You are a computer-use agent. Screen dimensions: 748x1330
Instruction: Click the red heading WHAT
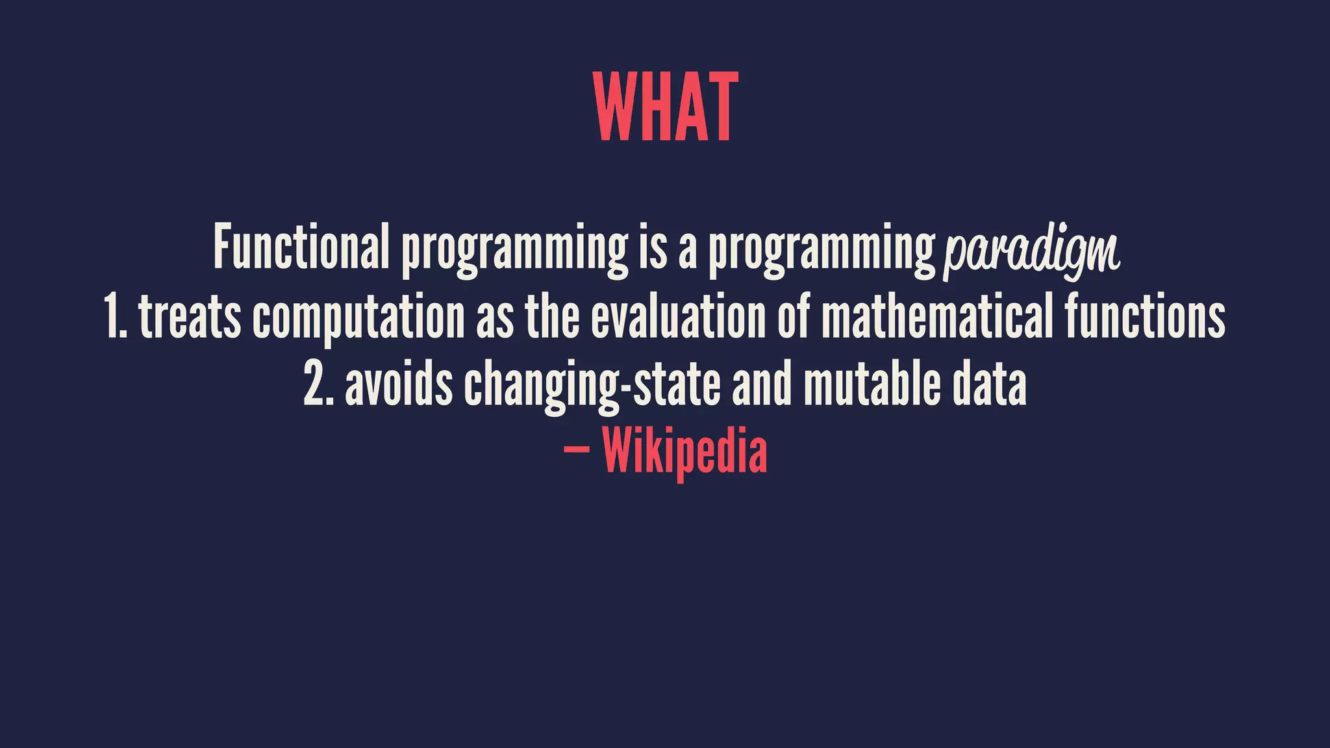pos(665,107)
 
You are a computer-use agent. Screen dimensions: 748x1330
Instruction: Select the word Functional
pos(301,247)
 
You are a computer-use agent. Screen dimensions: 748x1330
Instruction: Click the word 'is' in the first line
pos(653,247)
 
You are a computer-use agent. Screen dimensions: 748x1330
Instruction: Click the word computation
pos(358,318)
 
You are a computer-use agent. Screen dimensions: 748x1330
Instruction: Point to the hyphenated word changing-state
pos(592,387)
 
